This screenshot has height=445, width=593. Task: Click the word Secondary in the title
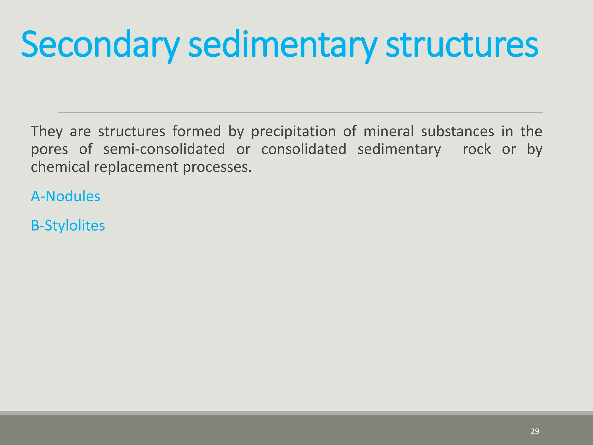coord(100,45)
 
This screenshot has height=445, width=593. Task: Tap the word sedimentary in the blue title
coord(282,45)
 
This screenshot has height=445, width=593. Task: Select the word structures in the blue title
coord(462,45)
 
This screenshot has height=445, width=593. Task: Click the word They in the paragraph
coord(47,131)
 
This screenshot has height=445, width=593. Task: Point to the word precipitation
coord(293,131)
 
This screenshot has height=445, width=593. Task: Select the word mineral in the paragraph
coord(388,131)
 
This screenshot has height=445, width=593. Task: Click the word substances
coord(457,131)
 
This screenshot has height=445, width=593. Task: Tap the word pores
coord(49,149)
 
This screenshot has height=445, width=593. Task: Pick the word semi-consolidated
coord(164,149)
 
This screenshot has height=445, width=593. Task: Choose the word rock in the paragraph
coord(477,149)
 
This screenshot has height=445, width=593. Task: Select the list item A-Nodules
coord(65,196)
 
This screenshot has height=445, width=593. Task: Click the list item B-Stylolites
coord(68,225)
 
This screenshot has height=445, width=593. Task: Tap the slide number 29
coord(535,431)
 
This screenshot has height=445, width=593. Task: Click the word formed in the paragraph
coord(197,131)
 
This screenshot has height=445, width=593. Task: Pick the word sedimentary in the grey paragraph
coord(399,149)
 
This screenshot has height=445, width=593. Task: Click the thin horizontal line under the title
coord(300,113)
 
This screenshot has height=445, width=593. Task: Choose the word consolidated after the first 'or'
coord(304,149)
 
